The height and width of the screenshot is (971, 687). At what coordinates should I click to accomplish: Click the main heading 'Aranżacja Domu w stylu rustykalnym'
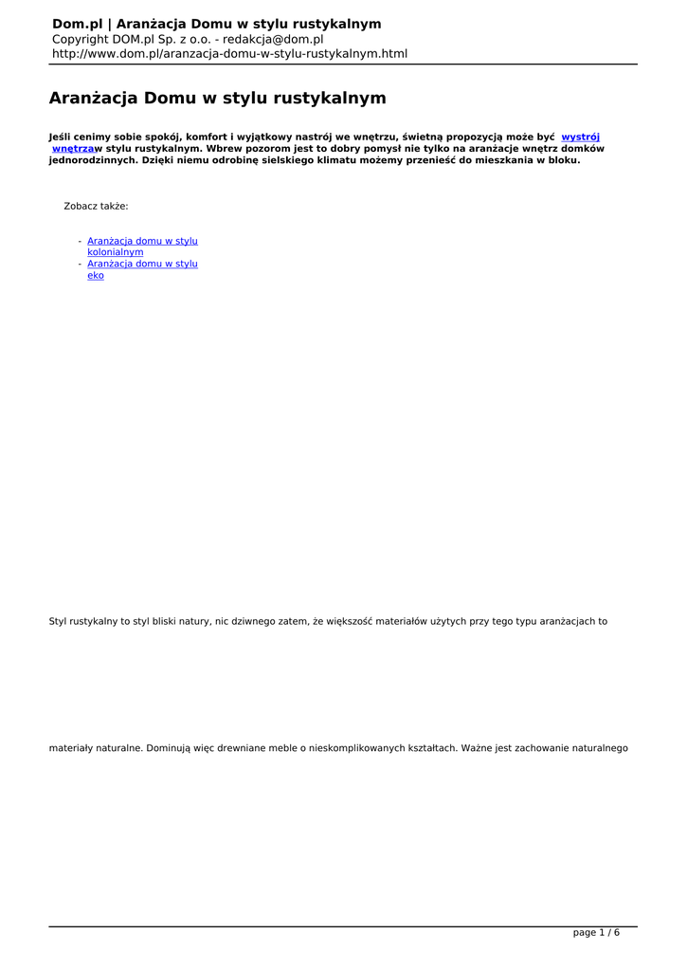(217, 99)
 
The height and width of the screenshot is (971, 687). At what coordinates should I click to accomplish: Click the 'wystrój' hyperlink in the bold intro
(580, 137)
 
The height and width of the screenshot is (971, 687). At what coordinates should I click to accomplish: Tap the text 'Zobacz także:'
(96, 206)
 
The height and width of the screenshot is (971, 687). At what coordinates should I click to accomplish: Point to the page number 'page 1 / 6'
(596, 933)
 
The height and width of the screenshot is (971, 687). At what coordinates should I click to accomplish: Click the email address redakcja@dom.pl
(273, 40)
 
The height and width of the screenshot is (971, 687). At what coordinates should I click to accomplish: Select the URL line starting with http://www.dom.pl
(229, 54)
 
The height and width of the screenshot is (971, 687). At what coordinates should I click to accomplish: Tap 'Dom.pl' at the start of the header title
(77, 24)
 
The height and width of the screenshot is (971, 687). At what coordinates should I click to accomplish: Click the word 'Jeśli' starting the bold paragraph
(61, 137)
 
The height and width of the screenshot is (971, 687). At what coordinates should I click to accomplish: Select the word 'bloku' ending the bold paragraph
(562, 161)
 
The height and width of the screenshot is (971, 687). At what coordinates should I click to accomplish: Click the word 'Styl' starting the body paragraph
(59, 622)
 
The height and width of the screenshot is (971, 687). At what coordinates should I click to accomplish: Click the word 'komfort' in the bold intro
(207, 137)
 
